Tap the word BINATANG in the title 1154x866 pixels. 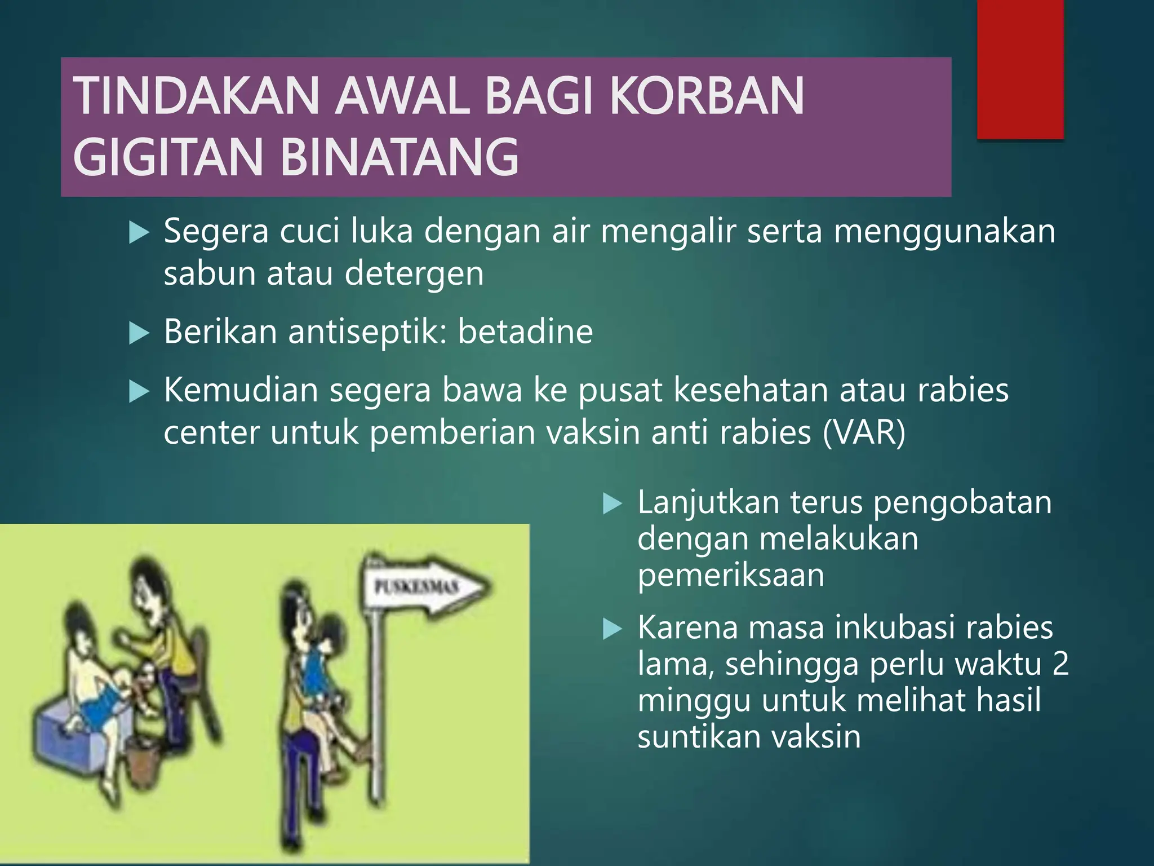[x=399, y=157]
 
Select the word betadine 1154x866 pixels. [x=525, y=332]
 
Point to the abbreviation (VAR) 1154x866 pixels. [x=864, y=433]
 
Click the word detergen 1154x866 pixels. [x=414, y=274]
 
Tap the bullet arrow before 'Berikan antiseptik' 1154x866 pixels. [x=139, y=333]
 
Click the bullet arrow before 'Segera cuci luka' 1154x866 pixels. [x=139, y=232]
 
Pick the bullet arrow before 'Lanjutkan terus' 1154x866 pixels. [x=612, y=503]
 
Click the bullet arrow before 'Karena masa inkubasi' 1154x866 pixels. [x=612, y=629]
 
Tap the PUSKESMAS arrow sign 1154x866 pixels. [x=428, y=586]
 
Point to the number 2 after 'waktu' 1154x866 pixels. [x=1060, y=664]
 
